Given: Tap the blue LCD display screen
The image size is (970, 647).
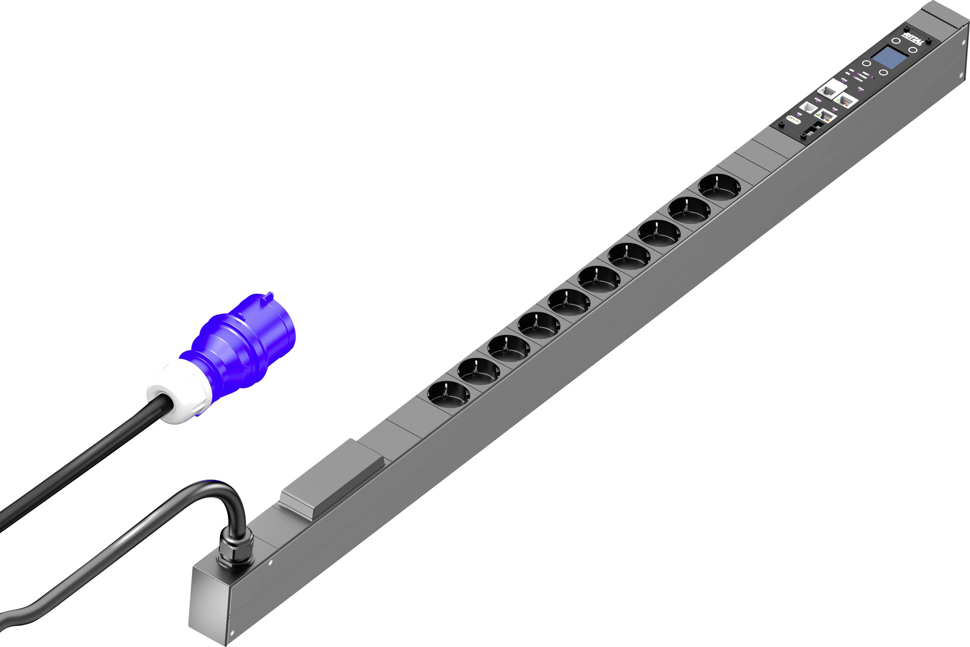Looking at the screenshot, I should [889, 58].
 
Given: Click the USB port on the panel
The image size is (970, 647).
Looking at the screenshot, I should [794, 120].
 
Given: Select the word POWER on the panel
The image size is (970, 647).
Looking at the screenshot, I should [862, 76].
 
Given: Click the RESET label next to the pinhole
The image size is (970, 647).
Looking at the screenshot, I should [866, 74].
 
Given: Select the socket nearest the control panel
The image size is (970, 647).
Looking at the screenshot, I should [719, 187].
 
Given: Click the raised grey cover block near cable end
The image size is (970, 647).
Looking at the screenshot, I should [332, 479].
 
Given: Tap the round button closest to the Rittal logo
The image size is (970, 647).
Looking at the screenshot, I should [896, 41].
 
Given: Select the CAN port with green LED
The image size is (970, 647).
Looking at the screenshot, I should [825, 116].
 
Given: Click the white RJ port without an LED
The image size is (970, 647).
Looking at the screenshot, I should [808, 108].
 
